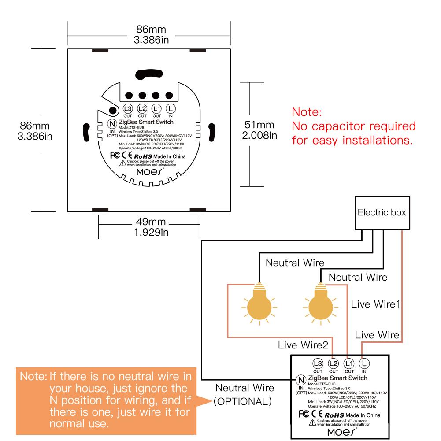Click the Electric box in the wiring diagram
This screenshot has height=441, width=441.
tap(382, 212)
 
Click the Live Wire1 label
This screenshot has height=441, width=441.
tap(375, 304)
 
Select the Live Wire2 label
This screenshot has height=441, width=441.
tap(303, 345)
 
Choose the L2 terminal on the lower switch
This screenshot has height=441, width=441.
tap(333, 363)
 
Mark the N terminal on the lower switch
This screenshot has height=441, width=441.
tap(301, 380)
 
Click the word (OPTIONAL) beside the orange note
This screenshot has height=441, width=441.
tap(242, 402)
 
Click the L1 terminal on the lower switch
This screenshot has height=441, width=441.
tap(348, 363)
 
